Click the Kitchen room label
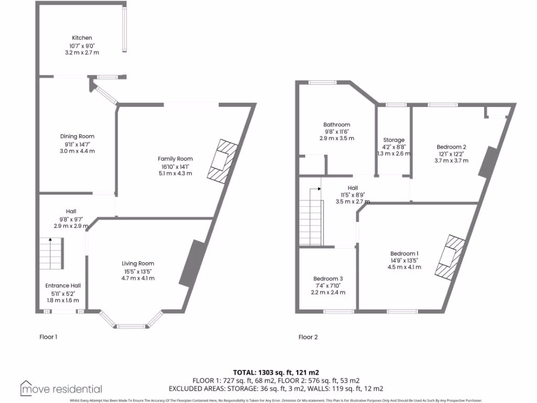82,38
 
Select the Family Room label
175,158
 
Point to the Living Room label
138,263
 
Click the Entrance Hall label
66,285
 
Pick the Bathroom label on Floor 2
337,124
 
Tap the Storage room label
394,140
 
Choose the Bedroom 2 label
452,147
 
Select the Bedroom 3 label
328,278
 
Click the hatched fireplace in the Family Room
221,161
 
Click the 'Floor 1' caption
49,337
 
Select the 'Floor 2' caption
308,337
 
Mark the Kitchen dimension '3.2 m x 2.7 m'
82,52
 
